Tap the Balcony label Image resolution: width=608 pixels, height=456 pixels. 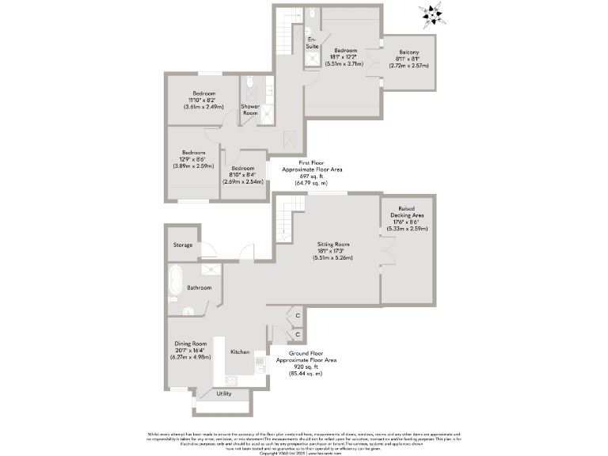pyautogui.click(x=408, y=52)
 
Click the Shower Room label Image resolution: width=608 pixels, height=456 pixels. pyautogui.click(x=250, y=109)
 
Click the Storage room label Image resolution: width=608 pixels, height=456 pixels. pyautogui.click(x=183, y=245)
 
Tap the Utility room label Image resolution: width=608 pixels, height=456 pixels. pyautogui.click(x=224, y=393)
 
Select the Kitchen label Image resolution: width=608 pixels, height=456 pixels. pyautogui.click(x=240, y=351)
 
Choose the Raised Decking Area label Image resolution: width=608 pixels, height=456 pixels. pyautogui.click(x=408, y=211)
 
